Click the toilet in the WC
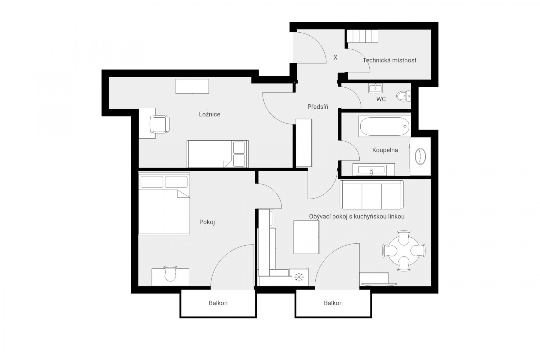click(x=403, y=96)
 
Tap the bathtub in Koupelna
click(x=384, y=126)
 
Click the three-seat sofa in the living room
click(x=371, y=194)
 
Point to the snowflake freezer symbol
click(x=298, y=277)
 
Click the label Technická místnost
click(x=389, y=60)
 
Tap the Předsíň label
click(x=318, y=107)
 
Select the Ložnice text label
click(x=209, y=114)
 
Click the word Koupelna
click(x=385, y=150)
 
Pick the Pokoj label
click(x=207, y=222)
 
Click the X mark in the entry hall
click(x=335, y=57)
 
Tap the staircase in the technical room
click(x=362, y=36)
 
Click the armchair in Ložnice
click(x=160, y=124)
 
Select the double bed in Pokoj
click(x=164, y=203)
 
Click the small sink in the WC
click(x=375, y=88)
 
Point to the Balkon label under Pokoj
click(x=218, y=303)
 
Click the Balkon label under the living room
click(x=333, y=303)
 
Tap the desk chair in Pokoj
click(x=170, y=273)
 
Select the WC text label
click(x=381, y=99)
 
